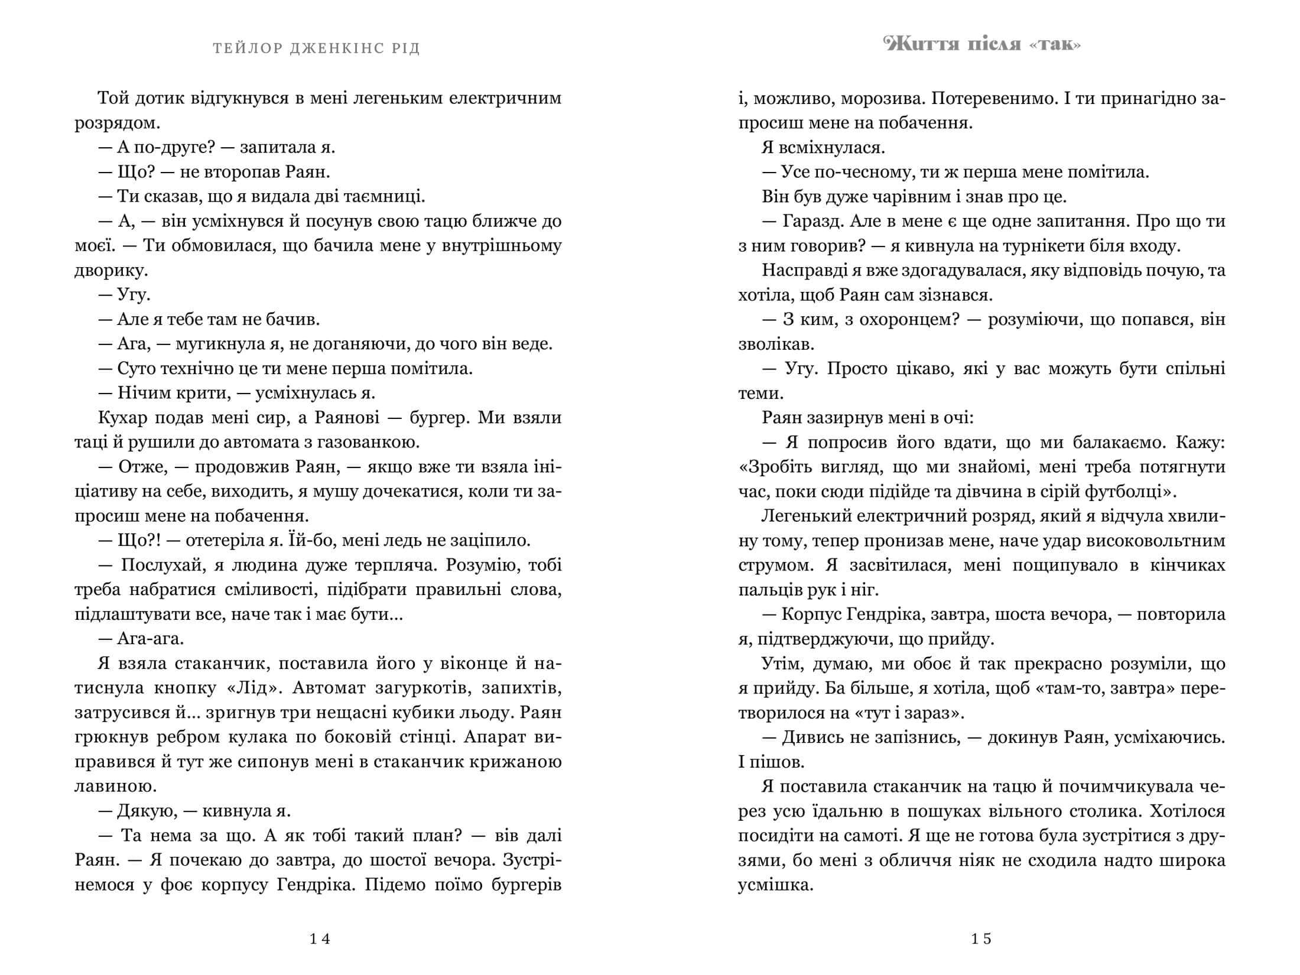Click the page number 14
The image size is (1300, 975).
pos(320,939)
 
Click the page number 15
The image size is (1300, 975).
pos(981,939)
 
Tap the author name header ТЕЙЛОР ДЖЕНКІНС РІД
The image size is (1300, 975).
pos(317,48)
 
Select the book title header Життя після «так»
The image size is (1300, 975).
pos(981,44)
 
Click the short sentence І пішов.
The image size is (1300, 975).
pos(771,762)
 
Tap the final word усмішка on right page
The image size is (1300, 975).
pos(775,885)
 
